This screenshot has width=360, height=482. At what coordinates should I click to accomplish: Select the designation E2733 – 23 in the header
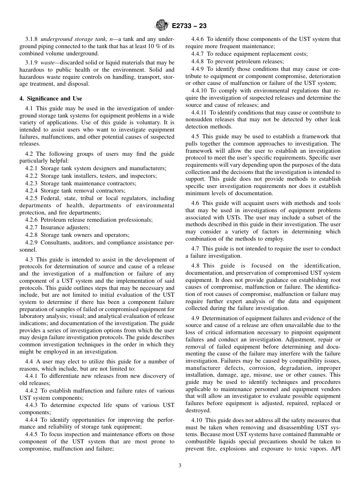(189, 26)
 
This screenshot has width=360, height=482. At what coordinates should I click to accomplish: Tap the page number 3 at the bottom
(180, 466)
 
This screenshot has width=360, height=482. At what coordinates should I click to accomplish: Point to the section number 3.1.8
(31, 39)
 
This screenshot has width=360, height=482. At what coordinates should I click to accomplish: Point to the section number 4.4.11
(199, 113)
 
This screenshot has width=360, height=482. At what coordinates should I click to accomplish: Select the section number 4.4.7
(198, 54)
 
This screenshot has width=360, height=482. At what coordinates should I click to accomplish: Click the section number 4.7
(196, 249)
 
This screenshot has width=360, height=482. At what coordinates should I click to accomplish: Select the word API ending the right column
(335, 449)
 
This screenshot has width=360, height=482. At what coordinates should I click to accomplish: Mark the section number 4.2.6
(31, 220)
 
